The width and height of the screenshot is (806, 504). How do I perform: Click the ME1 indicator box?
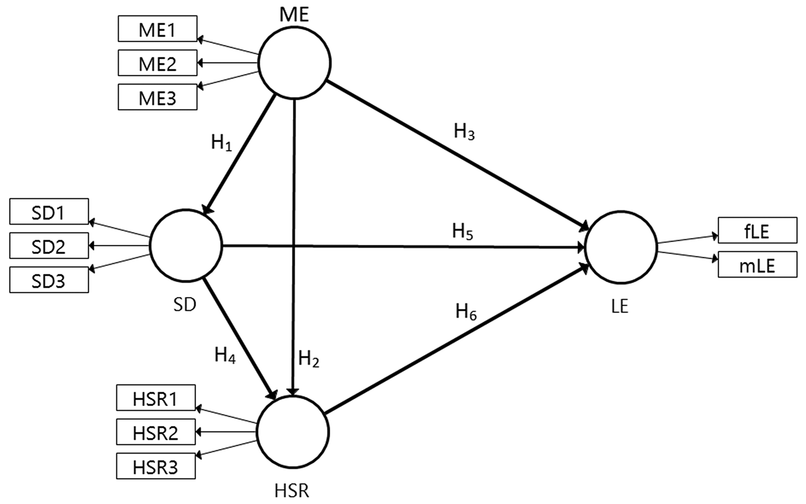pos(157,29)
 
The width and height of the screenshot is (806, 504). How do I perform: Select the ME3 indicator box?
pos(157,97)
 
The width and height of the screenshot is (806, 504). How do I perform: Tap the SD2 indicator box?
pos(49,247)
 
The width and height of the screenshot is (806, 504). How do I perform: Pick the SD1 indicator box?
pos(49,212)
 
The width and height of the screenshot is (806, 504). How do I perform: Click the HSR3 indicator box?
pos(155,467)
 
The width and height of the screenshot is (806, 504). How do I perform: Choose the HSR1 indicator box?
pos(155,398)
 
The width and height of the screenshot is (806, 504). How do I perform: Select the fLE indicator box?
pos(757,230)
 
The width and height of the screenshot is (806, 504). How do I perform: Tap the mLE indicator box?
pos(757,265)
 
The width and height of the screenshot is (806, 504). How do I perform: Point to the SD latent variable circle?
pos(185,245)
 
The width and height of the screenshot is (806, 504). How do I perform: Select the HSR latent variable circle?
pos(293,431)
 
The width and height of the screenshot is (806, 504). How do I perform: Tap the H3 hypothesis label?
pos(464,132)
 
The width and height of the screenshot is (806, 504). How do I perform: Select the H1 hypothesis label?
pos(221,143)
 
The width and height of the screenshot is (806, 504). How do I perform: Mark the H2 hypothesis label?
pos(308,359)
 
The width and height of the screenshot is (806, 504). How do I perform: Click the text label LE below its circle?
pos(620,307)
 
